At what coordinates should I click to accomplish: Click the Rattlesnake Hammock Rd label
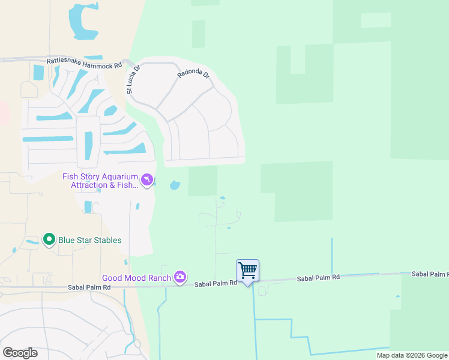point(84,62)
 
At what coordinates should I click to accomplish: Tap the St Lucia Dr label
point(133,80)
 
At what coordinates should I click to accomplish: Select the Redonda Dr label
point(193,75)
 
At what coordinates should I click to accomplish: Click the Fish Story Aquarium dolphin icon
point(146,180)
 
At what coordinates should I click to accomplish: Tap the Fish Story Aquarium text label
point(100,181)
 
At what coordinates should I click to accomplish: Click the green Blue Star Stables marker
point(49,240)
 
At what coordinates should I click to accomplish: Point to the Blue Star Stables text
point(89,240)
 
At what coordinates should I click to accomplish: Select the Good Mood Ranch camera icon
point(180,277)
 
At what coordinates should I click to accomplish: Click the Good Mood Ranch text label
point(136,278)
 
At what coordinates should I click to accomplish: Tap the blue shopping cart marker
point(247,271)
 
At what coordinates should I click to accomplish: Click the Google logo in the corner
point(20,352)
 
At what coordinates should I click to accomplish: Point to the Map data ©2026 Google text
point(411,355)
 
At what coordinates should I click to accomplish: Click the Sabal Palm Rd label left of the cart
point(216,282)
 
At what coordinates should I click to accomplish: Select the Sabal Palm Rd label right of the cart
point(319,277)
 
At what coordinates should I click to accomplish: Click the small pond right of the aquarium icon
point(175,185)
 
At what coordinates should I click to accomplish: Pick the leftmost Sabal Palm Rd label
point(90,287)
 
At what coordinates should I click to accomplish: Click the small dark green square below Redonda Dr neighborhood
point(203,181)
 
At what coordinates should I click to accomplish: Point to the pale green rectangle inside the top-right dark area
point(376,20)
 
